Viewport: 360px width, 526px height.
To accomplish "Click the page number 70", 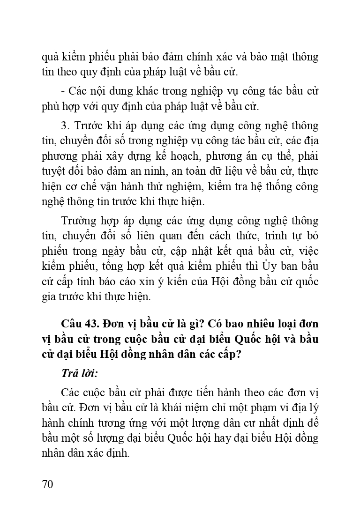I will (x=47, y=484).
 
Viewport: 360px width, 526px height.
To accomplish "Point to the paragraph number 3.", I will (x=65, y=126).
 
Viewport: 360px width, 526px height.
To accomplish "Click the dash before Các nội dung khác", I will (x=63, y=91).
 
